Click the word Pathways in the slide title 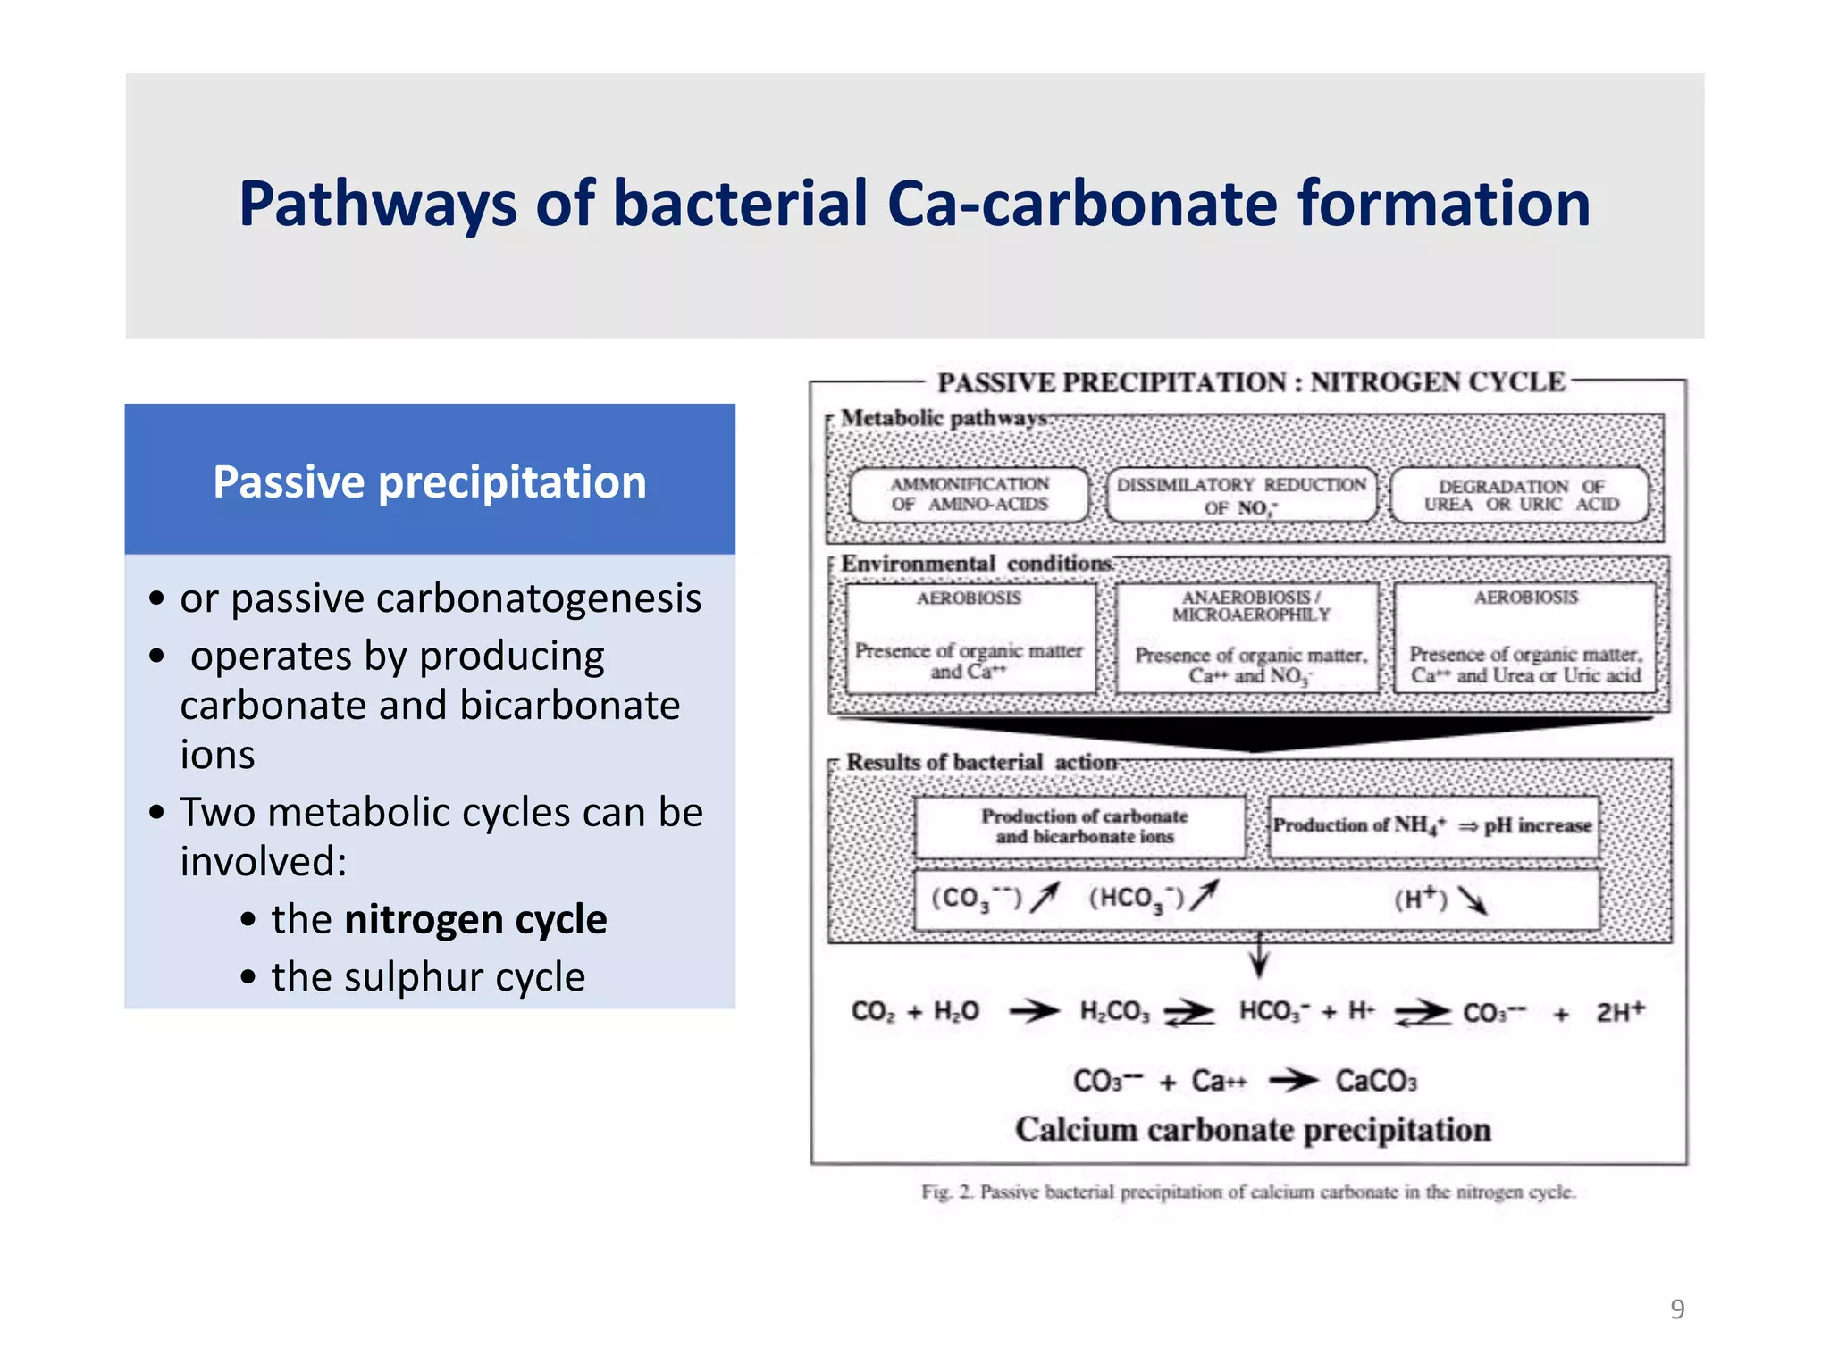[377, 205]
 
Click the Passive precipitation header [429, 482]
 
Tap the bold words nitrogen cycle [475, 919]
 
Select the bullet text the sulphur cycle [428, 977]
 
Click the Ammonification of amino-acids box [970, 495]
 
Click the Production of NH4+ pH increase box [1432, 825]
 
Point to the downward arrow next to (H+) [1472, 900]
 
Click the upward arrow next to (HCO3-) [1205, 896]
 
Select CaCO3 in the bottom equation [1375, 1082]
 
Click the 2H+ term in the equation [1620, 1012]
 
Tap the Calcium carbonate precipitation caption [1252, 1130]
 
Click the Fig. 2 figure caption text [1248, 1192]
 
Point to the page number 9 [1677, 1309]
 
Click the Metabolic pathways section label [944, 418]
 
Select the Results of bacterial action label [981, 763]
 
